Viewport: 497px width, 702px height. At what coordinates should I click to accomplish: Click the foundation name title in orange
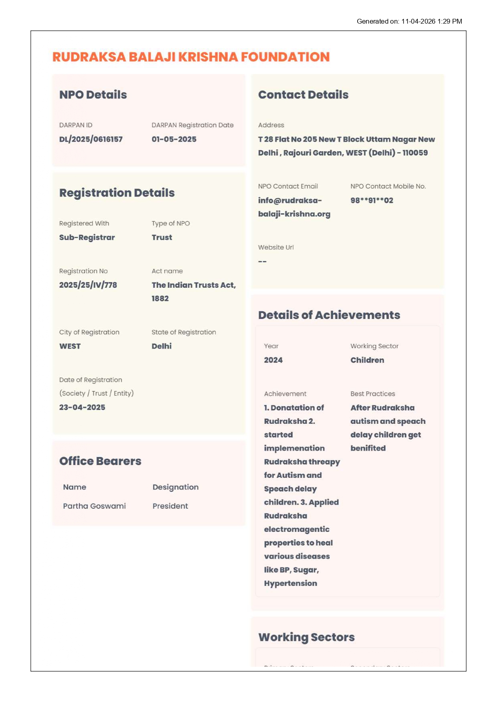(x=191, y=57)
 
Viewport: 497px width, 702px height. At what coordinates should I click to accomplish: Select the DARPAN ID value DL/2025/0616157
(x=91, y=139)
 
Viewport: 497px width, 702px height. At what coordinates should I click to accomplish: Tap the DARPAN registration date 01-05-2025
(x=174, y=139)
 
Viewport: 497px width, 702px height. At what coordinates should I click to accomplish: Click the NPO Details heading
(x=93, y=95)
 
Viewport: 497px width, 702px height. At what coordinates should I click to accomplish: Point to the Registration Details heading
(x=117, y=193)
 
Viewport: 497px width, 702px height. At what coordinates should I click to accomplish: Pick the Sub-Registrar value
(x=87, y=237)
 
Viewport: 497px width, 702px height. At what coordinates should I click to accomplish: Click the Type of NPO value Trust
(x=162, y=237)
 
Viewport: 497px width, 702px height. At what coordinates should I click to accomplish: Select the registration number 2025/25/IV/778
(x=88, y=285)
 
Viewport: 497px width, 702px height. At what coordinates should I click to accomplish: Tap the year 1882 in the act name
(x=160, y=299)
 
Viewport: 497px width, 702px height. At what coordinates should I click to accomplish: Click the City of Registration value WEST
(x=70, y=346)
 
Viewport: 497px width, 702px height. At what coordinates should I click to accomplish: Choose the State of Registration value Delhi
(x=161, y=346)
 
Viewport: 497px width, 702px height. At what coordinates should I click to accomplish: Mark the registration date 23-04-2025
(x=82, y=407)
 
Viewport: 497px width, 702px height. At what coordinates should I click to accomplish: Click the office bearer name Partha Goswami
(x=94, y=506)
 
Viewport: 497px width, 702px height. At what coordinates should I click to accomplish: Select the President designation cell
(x=170, y=506)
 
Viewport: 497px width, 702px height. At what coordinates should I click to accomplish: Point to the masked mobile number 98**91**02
(x=372, y=201)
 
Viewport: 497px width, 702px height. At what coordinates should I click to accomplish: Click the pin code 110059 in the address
(x=415, y=153)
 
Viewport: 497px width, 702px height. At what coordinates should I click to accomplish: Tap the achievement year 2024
(x=273, y=360)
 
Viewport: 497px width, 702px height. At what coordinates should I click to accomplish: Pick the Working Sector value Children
(x=367, y=360)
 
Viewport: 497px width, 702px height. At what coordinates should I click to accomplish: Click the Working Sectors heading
(x=306, y=637)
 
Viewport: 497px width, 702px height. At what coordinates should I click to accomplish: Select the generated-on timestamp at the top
(x=409, y=21)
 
